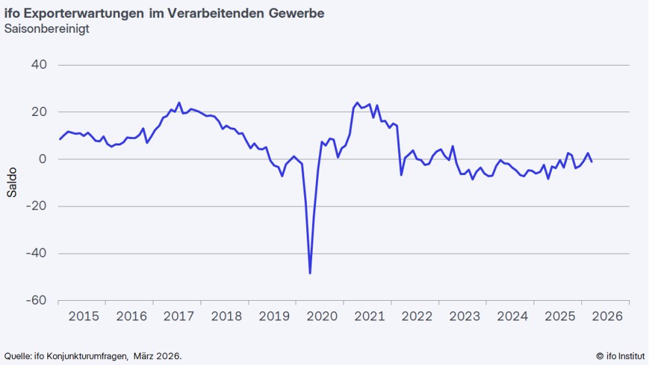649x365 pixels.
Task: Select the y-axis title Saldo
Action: [x=12, y=183]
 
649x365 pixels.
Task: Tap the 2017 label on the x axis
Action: [x=178, y=317]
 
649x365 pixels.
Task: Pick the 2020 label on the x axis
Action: [x=321, y=317]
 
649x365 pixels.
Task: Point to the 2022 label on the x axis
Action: [x=416, y=317]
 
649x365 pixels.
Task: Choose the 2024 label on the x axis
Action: [x=511, y=317]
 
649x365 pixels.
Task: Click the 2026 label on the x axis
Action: [x=606, y=317]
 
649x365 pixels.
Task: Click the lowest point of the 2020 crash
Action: [x=310, y=273]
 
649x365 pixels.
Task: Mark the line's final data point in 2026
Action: [x=592, y=162]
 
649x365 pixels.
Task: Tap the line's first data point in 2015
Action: [x=60, y=139]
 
